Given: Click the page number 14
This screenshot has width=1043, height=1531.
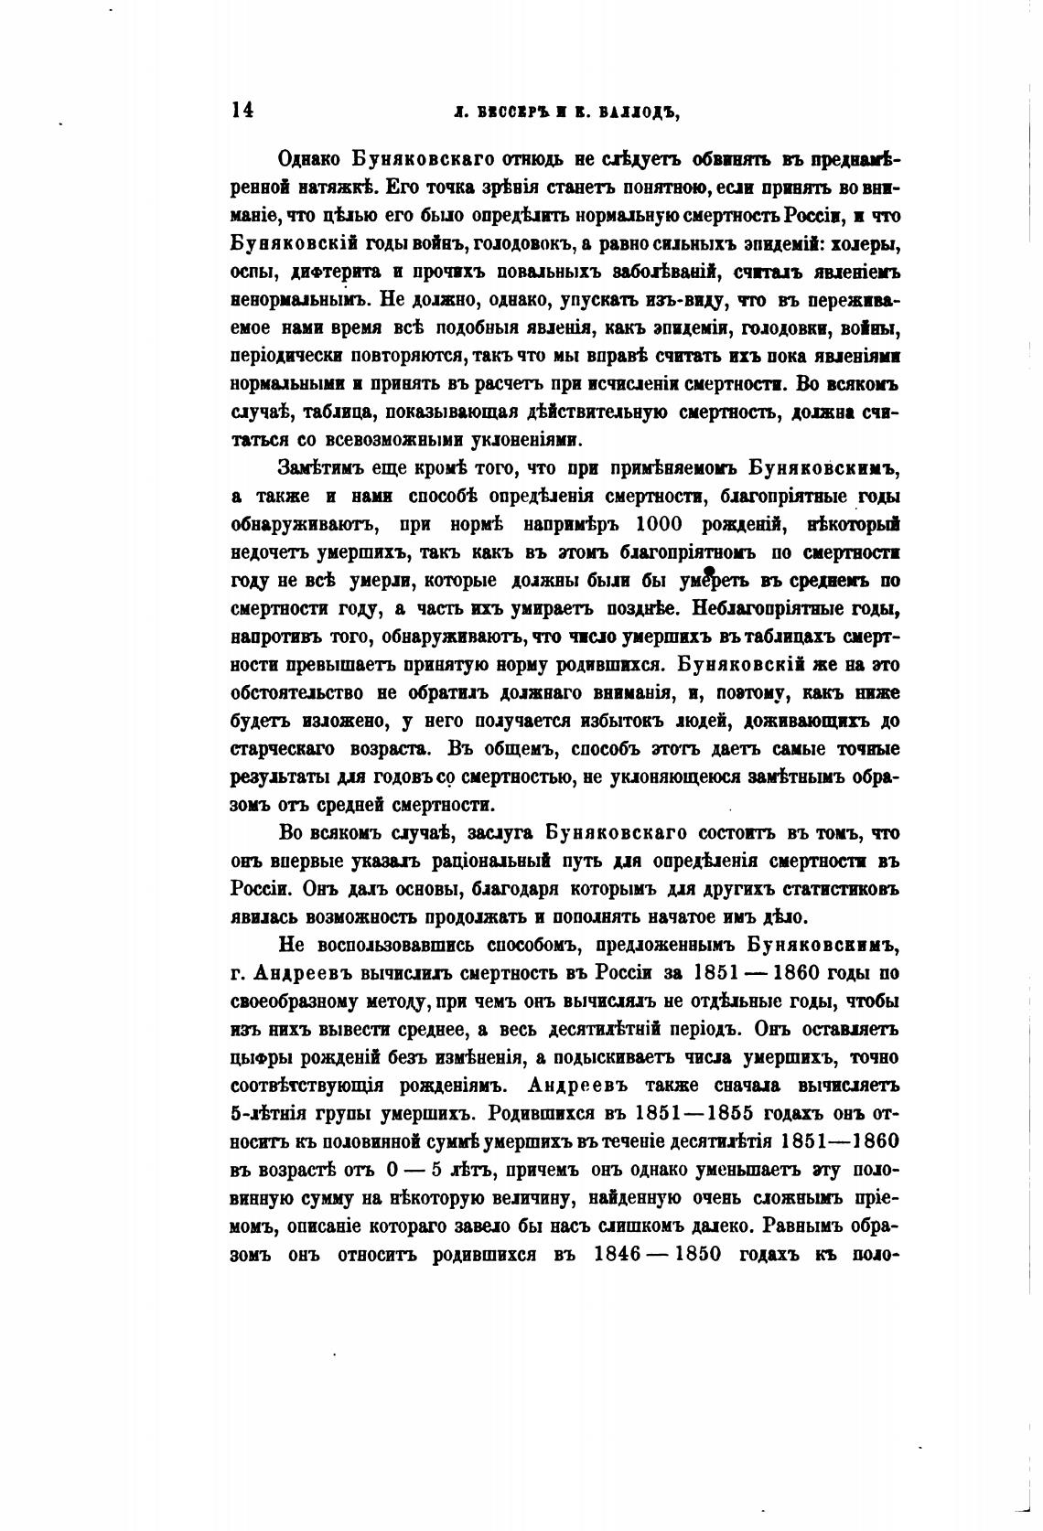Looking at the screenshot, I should (242, 110).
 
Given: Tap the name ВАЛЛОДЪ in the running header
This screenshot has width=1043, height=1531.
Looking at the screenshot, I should (636, 112).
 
